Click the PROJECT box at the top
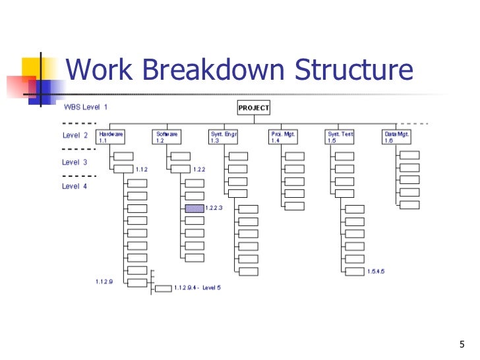[x=253, y=108]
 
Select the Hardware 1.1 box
[x=111, y=136]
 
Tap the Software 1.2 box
[x=167, y=136]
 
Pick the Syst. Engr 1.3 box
[x=224, y=136]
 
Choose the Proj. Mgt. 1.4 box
[x=284, y=136]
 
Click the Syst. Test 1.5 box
[x=340, y=136]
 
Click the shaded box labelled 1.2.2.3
[x=195, y=208]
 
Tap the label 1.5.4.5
[x=376, y=271]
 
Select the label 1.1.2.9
[x=104, y=282]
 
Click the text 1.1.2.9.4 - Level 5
[x=197, y=288]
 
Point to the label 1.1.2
[x=142, y=169]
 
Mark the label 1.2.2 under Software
[x=199, y=169]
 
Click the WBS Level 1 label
[x=85, y=106]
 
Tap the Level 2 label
[x=75, y=135]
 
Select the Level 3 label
[x=75, y=162]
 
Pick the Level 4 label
[x=75, y=187]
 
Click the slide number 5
[x=462, y=344]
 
